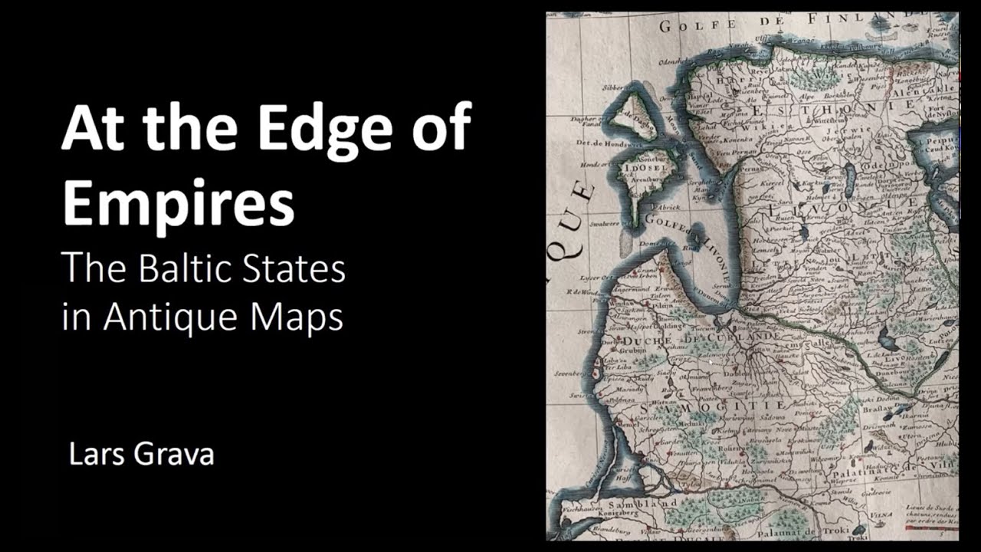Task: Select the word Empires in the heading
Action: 178,201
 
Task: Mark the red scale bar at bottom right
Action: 930,528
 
